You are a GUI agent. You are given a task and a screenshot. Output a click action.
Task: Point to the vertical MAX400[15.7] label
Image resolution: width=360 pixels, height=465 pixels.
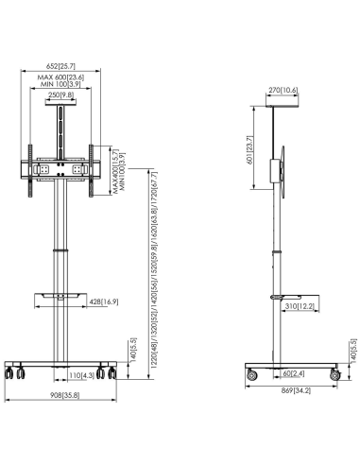(x=116, y=171)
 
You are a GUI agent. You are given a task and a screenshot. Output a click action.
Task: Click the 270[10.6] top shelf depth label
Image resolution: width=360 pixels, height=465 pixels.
(x=283, y=91)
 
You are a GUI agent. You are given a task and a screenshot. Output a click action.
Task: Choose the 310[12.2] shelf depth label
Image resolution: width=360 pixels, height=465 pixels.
(x=301, y=307)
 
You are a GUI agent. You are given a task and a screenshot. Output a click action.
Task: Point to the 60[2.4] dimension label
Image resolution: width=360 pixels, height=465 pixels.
(x=285, y=375)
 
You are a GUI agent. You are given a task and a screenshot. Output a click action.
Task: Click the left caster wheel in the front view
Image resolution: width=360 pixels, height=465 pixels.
(x=15, y=373)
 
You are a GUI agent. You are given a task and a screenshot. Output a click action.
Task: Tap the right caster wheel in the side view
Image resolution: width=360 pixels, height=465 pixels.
(x=333, y=376)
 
